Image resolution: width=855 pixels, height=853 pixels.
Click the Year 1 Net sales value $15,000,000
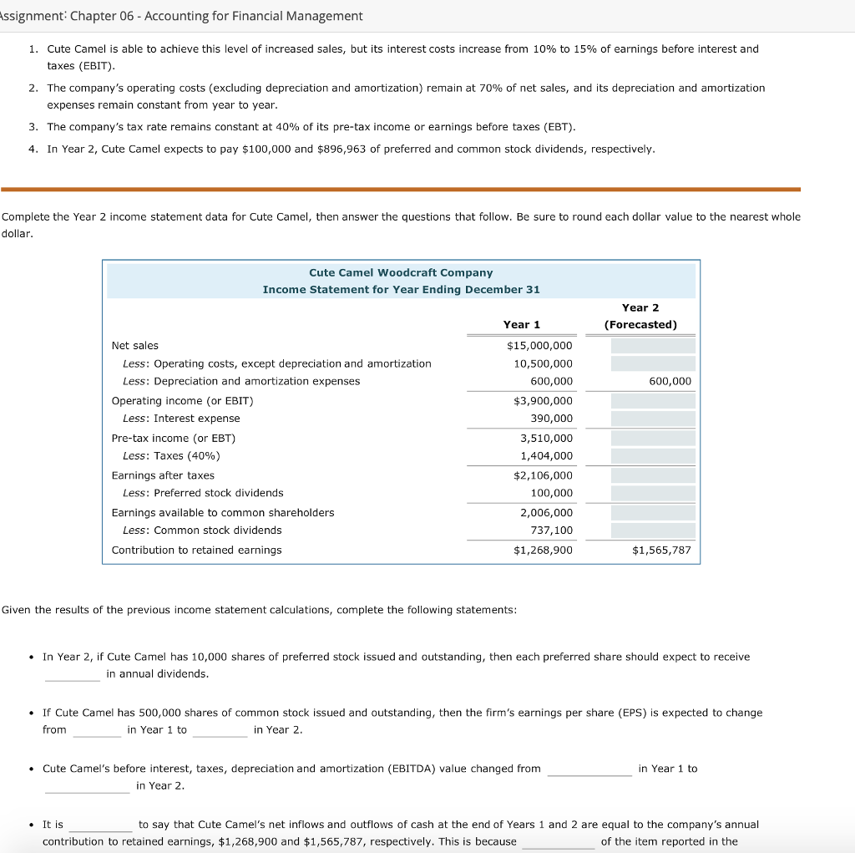(x=539, y=346)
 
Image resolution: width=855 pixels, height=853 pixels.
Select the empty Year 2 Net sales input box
(x=653, y=346)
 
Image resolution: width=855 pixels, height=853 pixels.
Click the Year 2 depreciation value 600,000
(x=670, y=381)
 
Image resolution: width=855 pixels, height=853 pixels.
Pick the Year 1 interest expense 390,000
(x=551, y=419)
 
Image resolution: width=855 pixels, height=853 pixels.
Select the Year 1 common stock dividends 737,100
(x=551, y=531)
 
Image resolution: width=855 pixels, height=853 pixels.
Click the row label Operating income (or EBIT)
(x=182, y=401)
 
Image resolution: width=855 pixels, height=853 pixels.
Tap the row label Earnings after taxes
(x=163, y=475)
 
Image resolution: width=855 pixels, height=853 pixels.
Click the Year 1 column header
(x=521, y=324)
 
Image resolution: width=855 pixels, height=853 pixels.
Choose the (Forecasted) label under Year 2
(x=640, y=324)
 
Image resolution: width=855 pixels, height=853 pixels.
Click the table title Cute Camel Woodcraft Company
(x=401, y=272)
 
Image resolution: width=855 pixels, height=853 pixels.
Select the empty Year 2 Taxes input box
(x=653, y=456)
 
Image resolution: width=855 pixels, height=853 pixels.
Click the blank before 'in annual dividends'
(x=73, y=674)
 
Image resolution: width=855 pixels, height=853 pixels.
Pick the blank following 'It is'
(x=99, y=825)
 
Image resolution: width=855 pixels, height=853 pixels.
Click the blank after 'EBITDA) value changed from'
(x=589, y=769)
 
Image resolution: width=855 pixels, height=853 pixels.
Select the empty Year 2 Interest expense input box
(x=653, y=419)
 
